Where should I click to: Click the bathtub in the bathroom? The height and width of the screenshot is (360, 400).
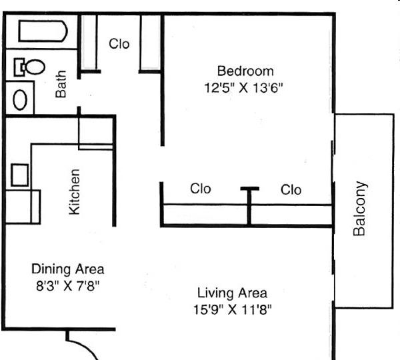(43, 31)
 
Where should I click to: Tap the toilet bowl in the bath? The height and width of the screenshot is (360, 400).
(35, 67)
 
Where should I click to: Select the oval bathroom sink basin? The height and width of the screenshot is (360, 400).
(20, 100)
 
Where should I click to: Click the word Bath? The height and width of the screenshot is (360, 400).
(61, 84)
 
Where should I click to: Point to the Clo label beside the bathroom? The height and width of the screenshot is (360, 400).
(119, 44)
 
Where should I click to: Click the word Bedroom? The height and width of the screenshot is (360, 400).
(245, 71)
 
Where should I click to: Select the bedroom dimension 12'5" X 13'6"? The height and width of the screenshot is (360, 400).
(243, 88)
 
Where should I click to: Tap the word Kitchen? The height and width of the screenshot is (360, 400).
(75, 191)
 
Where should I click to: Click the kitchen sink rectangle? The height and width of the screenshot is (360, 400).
(19, 175)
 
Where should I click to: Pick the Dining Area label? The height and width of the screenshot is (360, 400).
(67, 269)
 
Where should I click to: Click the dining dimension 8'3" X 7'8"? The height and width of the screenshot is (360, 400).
(67, 285)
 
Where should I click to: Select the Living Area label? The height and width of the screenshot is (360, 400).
(232, 293)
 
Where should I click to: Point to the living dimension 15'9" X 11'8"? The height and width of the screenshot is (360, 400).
(233, 309)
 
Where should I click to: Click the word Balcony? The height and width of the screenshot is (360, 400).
(359, 208)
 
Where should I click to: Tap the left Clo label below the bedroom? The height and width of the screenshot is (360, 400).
(201, 189)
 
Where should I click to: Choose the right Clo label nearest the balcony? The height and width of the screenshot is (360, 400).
(291, 190)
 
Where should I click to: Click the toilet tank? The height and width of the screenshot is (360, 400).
(19, 67)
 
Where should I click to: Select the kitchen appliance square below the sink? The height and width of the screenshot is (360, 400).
(23, 207)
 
